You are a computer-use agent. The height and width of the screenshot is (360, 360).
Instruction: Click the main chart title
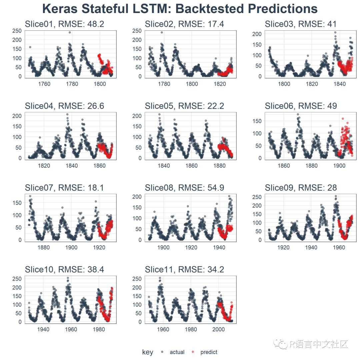(x=180, y=9)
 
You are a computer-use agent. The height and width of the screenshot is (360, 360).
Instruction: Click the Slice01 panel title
(x=64, y=24)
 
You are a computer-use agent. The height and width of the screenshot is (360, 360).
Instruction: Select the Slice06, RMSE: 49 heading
(x=301, y=106)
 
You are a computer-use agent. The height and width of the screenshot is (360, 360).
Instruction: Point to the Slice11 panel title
(x=184, y=270)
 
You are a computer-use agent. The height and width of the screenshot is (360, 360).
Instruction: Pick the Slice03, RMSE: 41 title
(x=301, y=24)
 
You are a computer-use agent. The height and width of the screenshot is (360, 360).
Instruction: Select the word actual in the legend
(x=177, y=352)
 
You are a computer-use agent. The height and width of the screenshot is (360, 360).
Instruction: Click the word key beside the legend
(x=147, y=352)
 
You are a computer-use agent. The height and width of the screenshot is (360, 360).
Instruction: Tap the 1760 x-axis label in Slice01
(x=44, y=84)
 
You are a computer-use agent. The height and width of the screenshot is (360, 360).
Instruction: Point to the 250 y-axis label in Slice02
(x=137, y=31)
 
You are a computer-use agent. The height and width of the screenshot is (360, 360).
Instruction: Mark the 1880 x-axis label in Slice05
(x=219, y=166)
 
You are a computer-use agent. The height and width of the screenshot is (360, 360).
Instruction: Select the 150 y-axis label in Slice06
(x=257, y=121)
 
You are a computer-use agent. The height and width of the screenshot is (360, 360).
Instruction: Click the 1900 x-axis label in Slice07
(x=71, y=247)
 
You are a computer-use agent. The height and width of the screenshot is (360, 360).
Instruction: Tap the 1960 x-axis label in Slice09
(x=339, y=247)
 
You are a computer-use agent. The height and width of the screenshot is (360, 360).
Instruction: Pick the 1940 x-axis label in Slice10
(x=43, y=329)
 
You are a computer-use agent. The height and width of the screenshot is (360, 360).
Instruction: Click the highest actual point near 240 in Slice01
(x=70, y=32)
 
